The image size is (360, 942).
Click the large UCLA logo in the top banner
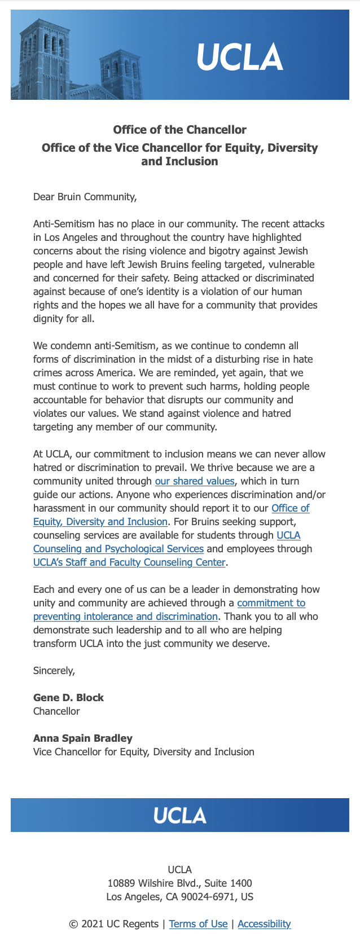tap(240, 57)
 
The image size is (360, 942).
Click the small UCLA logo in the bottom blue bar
tap(180, 815)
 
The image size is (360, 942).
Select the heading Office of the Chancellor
tap(180, 130)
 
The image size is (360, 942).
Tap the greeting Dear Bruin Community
tap(85, 197)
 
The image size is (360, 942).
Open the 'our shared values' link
tap(195, 481)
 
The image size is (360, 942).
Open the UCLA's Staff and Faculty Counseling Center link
tap(130, 562)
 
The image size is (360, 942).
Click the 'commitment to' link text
tap(271, 603)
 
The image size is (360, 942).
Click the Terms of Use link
tap(198, 924)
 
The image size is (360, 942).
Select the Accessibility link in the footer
tap(264, 924)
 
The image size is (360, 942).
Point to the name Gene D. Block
tap(68, 698)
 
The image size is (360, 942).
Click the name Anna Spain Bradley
tap(83, 738)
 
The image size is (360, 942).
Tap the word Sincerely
tap(54, 671)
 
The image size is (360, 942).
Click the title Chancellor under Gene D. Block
tap(56, 711)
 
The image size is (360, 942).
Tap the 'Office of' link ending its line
tap(291, 508)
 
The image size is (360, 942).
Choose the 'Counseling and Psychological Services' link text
tap(118, 549)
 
